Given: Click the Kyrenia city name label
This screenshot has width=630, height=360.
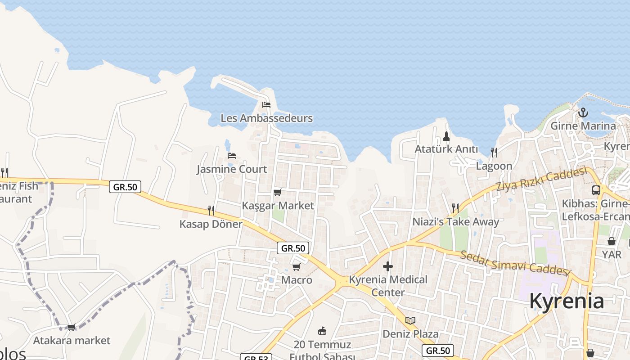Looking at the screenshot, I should click(566, 301).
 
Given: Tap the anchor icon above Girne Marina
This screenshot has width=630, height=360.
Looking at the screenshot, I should click(583, 112).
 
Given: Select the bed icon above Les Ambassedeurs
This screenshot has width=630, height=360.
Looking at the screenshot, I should click(266, 105).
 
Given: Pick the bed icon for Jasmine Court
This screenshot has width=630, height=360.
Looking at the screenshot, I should click(232, 156).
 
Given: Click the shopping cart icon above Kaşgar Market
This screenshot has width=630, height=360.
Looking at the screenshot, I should click(278, 193).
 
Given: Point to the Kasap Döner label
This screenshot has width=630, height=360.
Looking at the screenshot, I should click(211, 224).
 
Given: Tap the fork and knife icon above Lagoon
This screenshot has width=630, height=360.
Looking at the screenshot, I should click(494, 153).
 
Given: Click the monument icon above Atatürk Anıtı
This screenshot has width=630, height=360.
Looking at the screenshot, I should click(446, 136).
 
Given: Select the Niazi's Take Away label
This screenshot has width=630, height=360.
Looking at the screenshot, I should click(456, 222).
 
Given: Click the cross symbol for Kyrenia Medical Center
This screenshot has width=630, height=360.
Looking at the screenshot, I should click(387, 266).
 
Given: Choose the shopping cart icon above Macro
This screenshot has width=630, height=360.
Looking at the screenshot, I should click(297, 267).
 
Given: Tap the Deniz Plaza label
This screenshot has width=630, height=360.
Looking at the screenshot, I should click(410, 334).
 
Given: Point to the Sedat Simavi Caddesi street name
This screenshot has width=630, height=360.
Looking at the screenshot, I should click(515, 263).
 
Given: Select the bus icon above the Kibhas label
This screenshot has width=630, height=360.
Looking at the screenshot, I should click(596, 190).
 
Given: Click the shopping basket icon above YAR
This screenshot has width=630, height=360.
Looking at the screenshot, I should click(612, 242).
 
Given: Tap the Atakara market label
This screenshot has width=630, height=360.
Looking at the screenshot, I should click(72, 340).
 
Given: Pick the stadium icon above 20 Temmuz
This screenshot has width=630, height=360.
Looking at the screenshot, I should click(322, 332).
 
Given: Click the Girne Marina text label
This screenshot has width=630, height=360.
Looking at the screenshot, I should click(583, 126).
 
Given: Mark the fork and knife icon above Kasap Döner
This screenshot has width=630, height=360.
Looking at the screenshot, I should click(211, 210).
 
